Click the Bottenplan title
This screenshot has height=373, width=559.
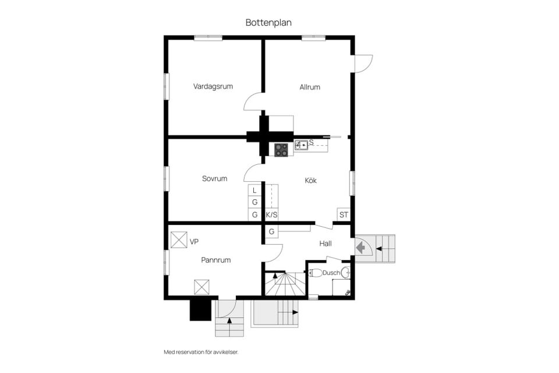click(x=268, y=23)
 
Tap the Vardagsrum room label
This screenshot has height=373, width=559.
click(x=213, y=86)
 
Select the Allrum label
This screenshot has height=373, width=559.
click(x=309, y=87)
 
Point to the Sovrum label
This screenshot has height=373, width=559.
click(x=214, y=178)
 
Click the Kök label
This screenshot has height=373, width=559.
click(x=310, y=180)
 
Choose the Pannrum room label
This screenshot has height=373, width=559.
click(x=215, y=260)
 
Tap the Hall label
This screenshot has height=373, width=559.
click(x=325, y=244)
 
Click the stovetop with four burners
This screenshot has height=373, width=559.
click(x=281, y=150)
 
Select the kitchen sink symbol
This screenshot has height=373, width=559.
click(x=301, y=145)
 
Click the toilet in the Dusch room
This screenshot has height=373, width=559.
click(x=316, y=273)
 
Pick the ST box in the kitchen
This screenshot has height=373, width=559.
click(x=344, y=214)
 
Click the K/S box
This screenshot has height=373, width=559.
click(x=271, y=215)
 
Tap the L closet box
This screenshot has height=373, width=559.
click(x=254, y=190)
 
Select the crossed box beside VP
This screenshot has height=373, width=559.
click(x=179, y=240)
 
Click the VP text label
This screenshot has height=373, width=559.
click(x=194, y=242)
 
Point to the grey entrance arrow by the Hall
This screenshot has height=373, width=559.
click(x=360, y=247)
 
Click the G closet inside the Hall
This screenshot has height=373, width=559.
click(x=271, y=231)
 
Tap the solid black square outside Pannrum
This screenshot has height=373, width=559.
click(x=200, y=309)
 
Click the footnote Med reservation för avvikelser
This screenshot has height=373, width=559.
click(x=201, y=352)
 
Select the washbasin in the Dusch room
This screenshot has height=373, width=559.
click(x=345, y=273)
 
